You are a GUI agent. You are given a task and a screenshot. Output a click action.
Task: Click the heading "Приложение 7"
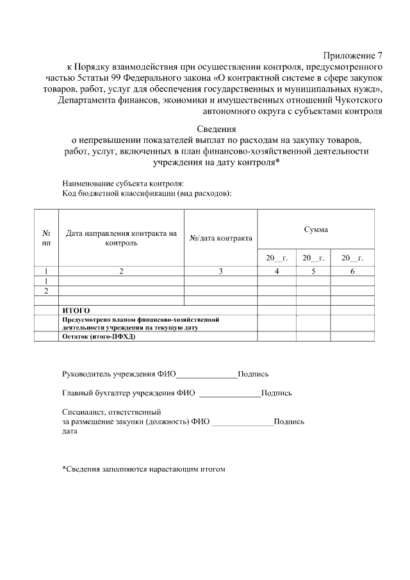352,55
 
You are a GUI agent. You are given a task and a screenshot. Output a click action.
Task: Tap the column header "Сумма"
315,229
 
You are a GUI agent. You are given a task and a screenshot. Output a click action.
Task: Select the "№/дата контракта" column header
221,238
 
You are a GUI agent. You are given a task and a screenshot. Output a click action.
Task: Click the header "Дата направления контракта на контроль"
121,238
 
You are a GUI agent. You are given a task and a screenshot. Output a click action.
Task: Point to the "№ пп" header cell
46,238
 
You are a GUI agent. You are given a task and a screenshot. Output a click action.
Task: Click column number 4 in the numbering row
277,271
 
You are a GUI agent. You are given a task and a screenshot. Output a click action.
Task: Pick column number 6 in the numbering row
352,271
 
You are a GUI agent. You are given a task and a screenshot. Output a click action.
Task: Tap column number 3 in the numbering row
221,271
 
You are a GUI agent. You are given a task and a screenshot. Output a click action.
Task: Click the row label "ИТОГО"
76,310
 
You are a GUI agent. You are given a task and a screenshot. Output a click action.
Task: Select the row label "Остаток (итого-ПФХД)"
99,336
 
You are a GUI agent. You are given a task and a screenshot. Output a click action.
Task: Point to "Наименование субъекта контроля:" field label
119,183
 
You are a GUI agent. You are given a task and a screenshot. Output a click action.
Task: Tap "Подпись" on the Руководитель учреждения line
253,374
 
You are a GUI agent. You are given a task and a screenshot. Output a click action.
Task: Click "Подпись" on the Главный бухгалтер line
277,393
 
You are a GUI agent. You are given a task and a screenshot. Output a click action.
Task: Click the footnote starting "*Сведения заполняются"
144,468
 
